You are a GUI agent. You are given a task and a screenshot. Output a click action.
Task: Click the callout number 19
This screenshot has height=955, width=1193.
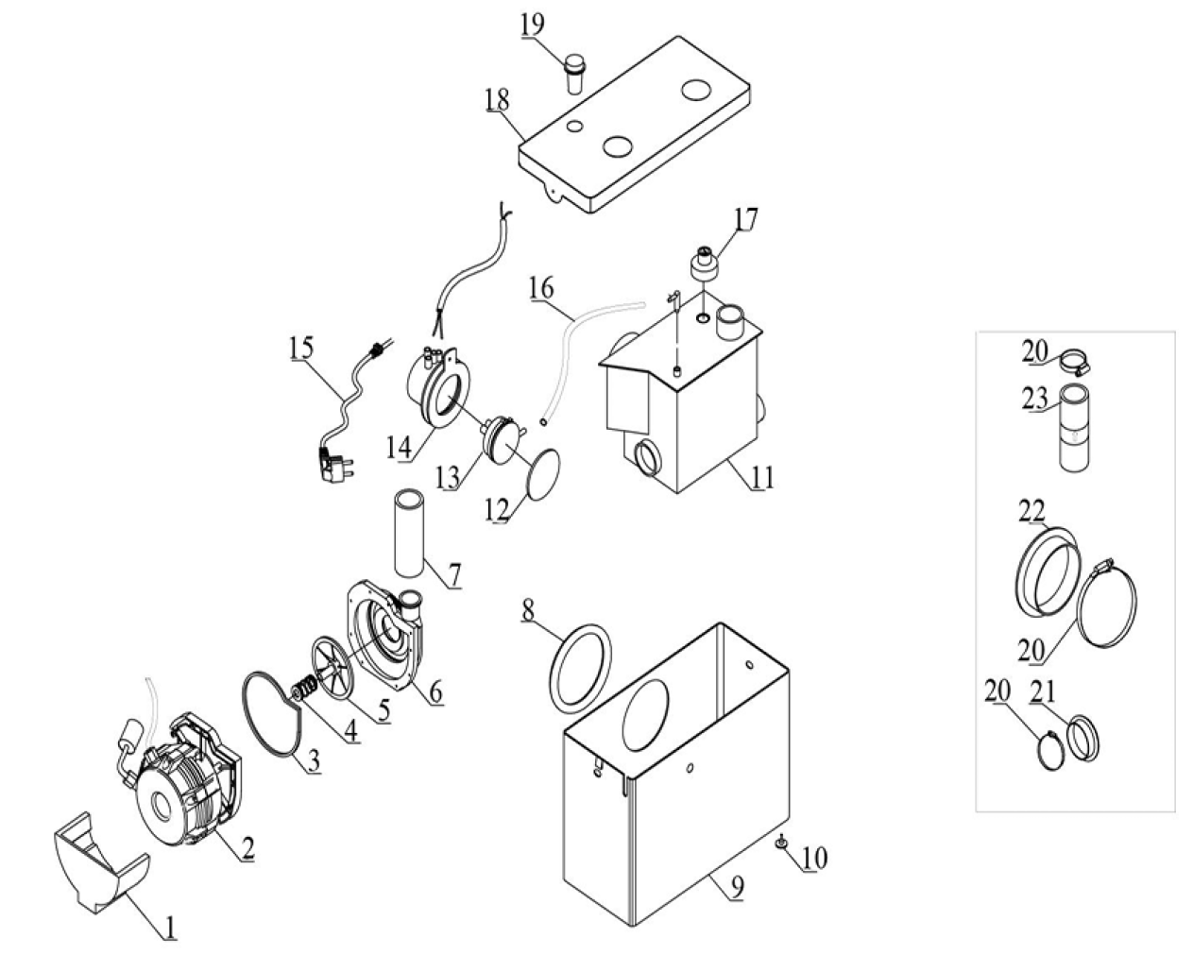coord(532,25)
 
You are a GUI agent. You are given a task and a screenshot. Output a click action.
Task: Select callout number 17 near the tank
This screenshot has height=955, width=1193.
coord(745,219)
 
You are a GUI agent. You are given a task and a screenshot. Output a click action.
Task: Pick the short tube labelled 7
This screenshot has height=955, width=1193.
coord(409,532)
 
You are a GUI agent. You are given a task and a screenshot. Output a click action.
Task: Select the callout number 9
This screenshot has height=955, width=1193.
coord(737,887)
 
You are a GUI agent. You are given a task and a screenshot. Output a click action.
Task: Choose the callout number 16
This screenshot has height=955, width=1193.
coord(541,289)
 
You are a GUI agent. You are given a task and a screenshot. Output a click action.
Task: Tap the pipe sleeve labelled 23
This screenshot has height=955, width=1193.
coord(1074,428)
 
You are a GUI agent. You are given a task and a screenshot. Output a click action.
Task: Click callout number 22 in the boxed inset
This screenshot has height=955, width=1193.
coord(1031,511)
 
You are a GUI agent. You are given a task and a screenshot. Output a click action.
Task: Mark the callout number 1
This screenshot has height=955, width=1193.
coord(170,928)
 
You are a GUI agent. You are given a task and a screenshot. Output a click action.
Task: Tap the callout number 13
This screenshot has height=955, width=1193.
coord(447,478)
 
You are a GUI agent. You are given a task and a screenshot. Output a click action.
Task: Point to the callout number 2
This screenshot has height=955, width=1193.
coord(247,847)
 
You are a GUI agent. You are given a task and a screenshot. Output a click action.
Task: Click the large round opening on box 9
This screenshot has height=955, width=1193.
coord(645,715)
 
